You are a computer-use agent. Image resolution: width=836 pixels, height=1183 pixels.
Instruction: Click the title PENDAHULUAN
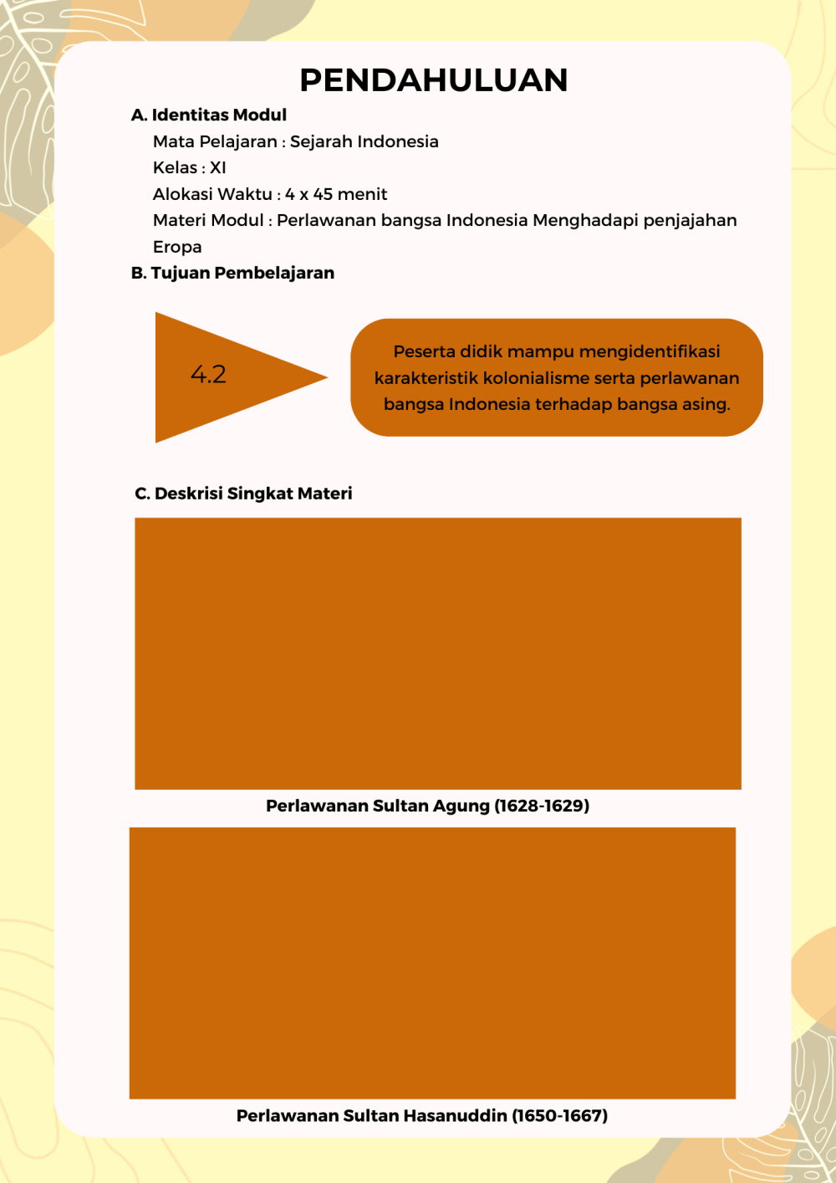point(433,80)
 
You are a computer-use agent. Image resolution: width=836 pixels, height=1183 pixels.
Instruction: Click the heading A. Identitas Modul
point(209,115)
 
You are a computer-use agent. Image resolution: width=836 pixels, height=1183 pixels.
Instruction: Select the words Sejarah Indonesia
point(364,141)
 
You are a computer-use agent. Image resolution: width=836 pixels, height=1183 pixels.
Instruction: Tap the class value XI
point(218,168)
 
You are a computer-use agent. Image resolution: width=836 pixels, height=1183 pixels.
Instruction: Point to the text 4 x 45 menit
point(336,194)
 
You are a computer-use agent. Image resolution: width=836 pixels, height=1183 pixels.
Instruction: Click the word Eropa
point(177,247)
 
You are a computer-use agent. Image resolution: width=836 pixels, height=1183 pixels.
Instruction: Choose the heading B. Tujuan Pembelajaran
point(232,273)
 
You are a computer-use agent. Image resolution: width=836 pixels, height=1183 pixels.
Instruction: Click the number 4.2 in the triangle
point(208,374)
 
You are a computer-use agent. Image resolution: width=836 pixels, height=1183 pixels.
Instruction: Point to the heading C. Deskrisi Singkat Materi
point(243,494)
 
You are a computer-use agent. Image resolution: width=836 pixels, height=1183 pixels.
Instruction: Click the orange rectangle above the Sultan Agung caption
point(437,653)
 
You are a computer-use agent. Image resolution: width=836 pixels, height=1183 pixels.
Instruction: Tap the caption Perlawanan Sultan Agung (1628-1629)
point(427,806)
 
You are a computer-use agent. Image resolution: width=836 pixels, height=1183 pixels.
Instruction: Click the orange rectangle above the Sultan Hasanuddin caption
point(432,962)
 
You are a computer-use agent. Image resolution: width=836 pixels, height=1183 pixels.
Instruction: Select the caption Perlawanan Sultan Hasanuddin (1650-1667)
point(421,1115)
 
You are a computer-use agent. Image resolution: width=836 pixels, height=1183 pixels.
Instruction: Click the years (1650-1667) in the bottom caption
point(559,1115)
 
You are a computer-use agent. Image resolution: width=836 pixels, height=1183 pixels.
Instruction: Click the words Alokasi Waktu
point(212,194)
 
